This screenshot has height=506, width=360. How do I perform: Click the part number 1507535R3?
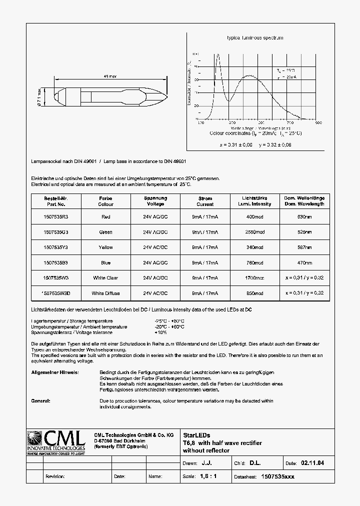[55, 217]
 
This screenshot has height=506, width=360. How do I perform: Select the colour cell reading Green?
[105, 232]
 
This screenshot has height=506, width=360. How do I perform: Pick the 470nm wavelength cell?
[304, 262]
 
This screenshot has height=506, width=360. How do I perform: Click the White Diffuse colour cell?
[105, 293]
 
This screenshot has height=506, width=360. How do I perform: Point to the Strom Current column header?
[205, 201]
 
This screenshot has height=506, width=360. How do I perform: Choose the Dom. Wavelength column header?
[304, 201]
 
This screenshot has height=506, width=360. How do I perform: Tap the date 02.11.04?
[312, 463]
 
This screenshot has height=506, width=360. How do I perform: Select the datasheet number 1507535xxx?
[278, 476]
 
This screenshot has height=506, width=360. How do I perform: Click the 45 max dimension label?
[109, 76]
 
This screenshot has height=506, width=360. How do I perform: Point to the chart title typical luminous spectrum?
[255, 38]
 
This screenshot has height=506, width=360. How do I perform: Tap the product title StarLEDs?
[193, 435]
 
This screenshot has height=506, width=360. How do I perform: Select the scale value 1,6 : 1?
[208, 476]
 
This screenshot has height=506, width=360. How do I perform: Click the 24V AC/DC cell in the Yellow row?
[155, 247]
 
